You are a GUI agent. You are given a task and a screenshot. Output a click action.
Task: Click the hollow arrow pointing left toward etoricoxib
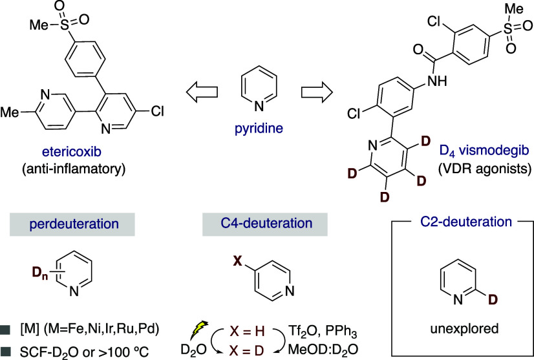pyautogui.click(x=202, y=92)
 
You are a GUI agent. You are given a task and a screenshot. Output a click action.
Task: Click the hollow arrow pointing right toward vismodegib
pyautogui.click(x=317, y=92)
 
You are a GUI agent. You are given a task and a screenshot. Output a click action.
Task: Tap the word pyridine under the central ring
pyautogui.click(x=259, y=129)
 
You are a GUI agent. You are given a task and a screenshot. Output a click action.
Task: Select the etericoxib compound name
pyautogui.click(x=72, y=151)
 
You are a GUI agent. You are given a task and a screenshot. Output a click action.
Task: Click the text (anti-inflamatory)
pyautogui.click(x=74, y=169)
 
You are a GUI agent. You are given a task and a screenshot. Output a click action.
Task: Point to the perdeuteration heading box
pyautogui.click(x=72, y=224)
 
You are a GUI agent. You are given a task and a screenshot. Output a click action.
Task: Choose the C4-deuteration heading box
pyautogui.click(x=265, y=224)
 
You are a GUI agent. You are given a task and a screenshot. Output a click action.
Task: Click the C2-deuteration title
pyautogui.click(x=466, y=222)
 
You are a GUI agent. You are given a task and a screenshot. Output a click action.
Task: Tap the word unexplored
pyautogui.click(x=464, y=329)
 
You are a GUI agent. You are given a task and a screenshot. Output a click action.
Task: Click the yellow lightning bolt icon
pyautogui.click(x=199, y=330)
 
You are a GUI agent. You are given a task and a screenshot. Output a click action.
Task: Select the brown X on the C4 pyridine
pyautogui.click(x=237, y=261)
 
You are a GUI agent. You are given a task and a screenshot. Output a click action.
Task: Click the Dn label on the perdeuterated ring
pyautogui.click(x=40, y=273)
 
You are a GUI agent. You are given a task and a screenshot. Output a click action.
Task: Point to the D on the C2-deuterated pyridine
pyautogui.click(x=493, y=300)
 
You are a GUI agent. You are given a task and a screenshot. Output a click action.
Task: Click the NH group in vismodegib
pyautogui.click(x=437, y=81)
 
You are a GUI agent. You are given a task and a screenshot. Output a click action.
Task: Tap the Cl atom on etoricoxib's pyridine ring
pyautogui.click(x=157, y=111)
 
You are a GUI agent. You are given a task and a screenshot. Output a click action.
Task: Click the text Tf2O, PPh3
pyautogui.click(x=323, y=331)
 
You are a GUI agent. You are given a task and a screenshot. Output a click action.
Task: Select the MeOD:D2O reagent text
pyautogui.click(x=323, y=350)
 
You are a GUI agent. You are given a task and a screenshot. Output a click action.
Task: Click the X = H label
pyautogui.click(x=247, y=331)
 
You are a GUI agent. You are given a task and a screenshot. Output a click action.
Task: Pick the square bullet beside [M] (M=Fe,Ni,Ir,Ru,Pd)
pyautogui.click(x=5, y=330)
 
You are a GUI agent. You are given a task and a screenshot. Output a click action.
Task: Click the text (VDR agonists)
pyautogui.click(x=485, y=169)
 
